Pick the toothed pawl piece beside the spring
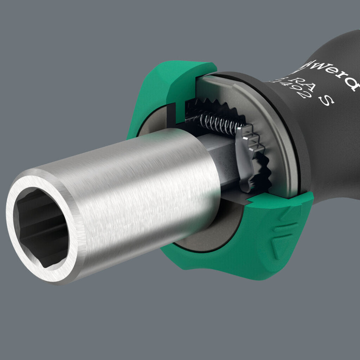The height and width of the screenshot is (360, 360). point(248,155)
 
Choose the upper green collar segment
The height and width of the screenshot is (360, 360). point(169,88)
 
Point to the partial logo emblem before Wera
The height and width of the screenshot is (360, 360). point(302,65)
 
